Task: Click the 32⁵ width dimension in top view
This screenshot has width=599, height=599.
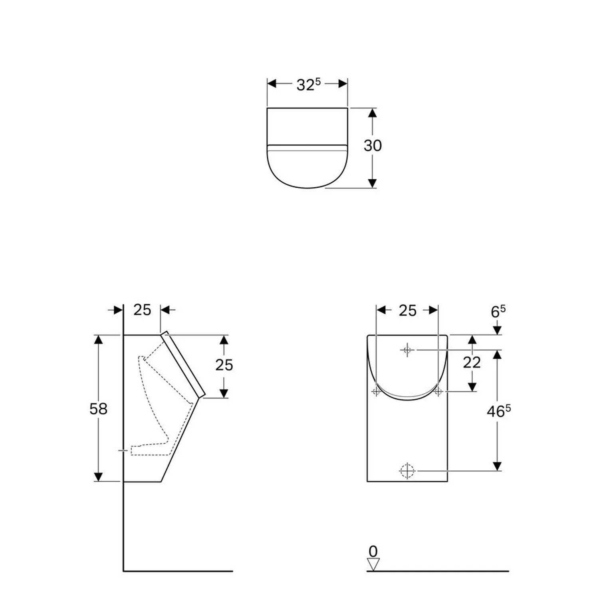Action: [x=308, y=84]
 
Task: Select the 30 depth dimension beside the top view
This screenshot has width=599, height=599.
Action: [x=372, y=146]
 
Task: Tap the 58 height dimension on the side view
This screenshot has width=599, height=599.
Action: [x=98, y=409]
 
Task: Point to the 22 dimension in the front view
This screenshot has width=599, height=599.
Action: [x=472, y=363]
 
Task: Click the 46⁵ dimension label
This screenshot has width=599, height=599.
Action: [x=498, y=411]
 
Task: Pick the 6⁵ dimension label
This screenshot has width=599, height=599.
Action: [x=498, y=311]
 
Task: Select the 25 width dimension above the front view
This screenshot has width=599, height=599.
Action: [x=407, y=311]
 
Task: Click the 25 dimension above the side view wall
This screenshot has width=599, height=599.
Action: [x=142, y=310]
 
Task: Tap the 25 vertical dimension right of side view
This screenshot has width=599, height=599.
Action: [x=224, y=365]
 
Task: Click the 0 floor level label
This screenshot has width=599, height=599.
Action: [x=373, y=551]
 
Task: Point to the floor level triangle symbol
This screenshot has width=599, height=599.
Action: [x=373, y=565]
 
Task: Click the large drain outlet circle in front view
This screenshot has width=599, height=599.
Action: [x=407, y=471]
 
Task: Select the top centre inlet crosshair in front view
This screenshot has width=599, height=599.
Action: [x=407, y=350]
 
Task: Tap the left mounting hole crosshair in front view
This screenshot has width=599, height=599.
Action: [x=376, y=391]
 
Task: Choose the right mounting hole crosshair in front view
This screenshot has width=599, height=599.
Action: [x=438, y=391]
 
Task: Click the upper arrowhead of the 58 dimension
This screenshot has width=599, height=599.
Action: [x=98, y=339]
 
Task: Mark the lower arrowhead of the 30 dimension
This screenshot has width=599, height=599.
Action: [x=372, y=183]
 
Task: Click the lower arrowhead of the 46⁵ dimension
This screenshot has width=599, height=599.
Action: [x=497, y=466]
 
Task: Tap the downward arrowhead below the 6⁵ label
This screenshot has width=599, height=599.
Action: [x=497, y=330]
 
